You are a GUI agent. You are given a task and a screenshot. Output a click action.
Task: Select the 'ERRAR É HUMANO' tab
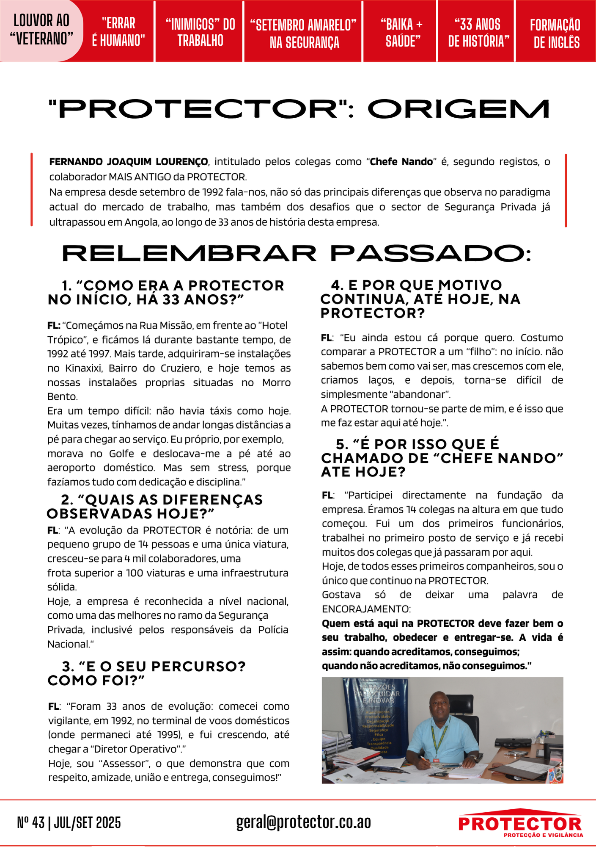pos(118,31)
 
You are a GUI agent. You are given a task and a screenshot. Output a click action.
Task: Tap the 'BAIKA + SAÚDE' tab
pos(402,32)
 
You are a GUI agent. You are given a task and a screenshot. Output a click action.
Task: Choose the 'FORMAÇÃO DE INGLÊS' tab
pos(555,33)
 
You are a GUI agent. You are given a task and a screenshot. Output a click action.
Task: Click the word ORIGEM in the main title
pos(459,109)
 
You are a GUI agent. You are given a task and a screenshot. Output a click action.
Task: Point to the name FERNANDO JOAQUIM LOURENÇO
pos(129,162)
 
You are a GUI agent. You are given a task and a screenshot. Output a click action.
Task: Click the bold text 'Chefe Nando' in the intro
pos(401,162)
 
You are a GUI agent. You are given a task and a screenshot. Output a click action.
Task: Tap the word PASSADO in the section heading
pos(431,254)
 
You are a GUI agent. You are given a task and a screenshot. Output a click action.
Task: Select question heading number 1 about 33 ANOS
pos(166,292)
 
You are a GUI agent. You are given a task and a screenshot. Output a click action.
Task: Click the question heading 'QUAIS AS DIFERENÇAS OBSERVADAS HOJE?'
pos(155,507)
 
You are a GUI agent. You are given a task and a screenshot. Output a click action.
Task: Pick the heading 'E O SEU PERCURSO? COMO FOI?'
pos(146,673)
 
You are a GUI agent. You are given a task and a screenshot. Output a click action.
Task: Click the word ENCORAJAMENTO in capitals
pos(366,609)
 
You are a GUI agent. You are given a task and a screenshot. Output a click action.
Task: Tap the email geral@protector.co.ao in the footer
pos(303,822)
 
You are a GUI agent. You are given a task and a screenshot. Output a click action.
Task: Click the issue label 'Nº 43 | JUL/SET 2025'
pos(69,822)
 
